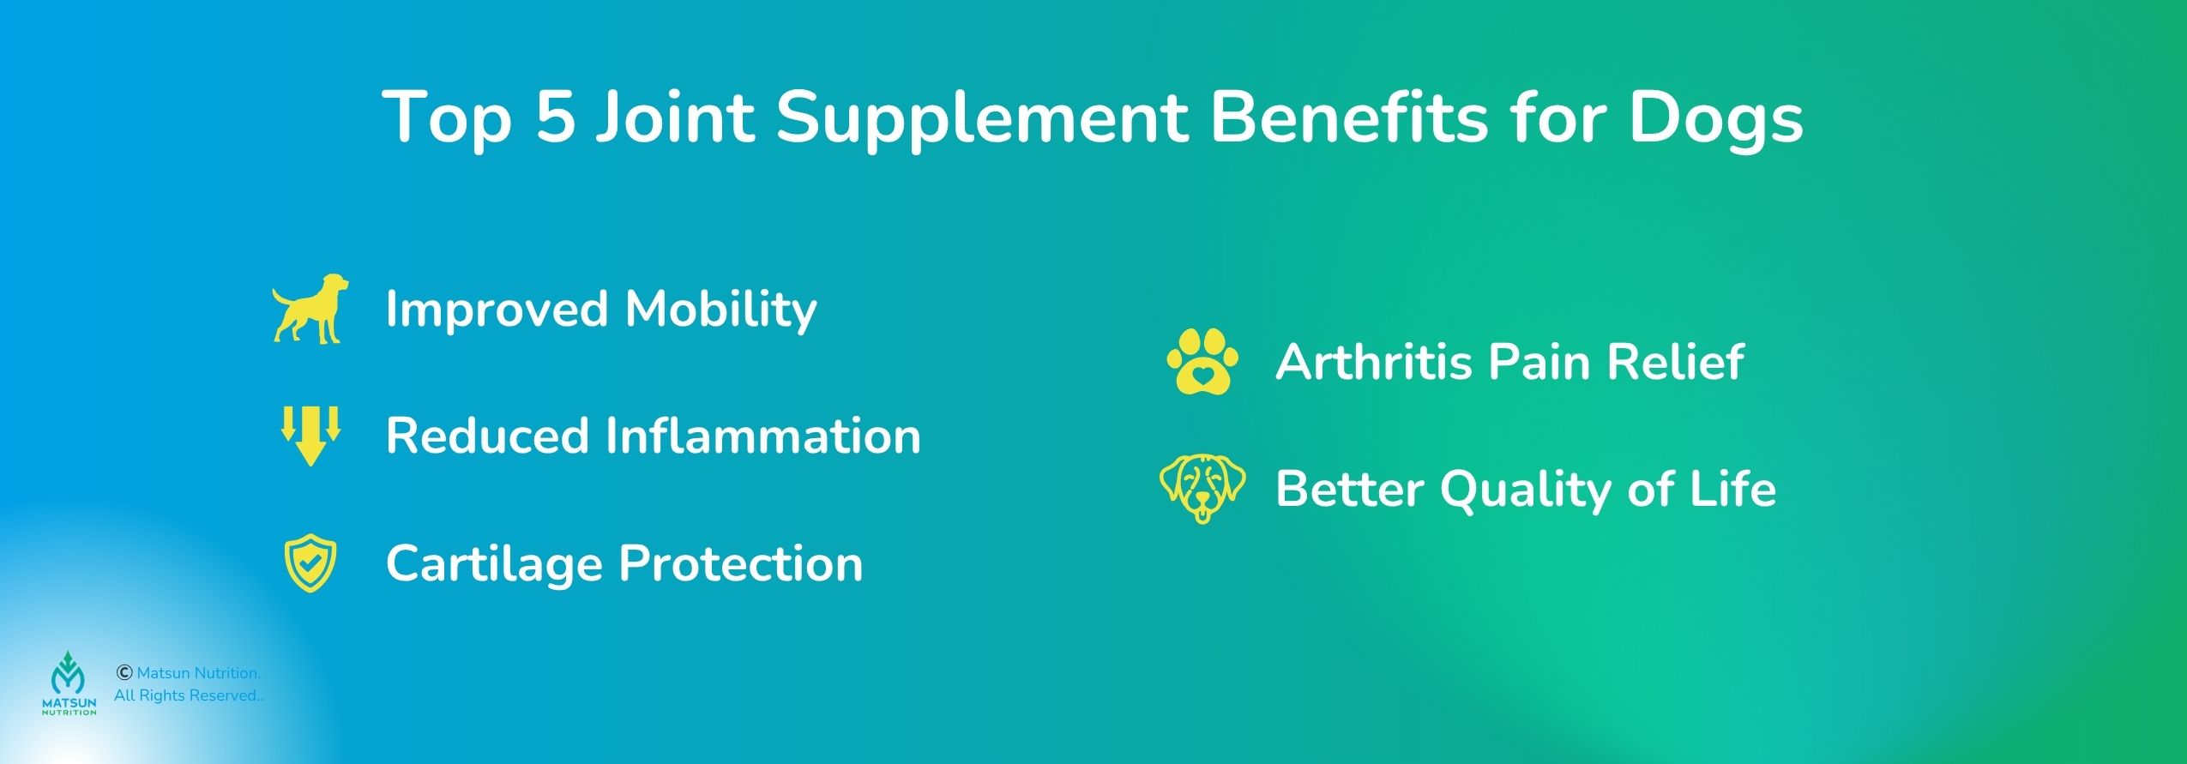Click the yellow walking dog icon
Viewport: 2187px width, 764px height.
tap(310, 310)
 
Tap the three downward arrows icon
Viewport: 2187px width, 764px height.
tap(311, 436)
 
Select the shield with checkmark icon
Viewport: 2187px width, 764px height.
tap(310, 562)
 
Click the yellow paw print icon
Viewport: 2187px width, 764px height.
tap(1202, 361)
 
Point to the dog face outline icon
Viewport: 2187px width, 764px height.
tap(1202, 489)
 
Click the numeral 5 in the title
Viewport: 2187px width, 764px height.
tap(555, 117)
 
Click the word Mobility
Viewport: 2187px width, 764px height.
tap(720, 310)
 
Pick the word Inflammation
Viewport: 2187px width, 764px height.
tap(763, 436)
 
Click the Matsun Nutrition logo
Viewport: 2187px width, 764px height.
tap(69, 683)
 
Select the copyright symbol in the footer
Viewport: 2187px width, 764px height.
tap(124, 673)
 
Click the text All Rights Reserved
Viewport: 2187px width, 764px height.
tap(189, 695)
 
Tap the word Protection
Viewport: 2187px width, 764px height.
tap(741, 563)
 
